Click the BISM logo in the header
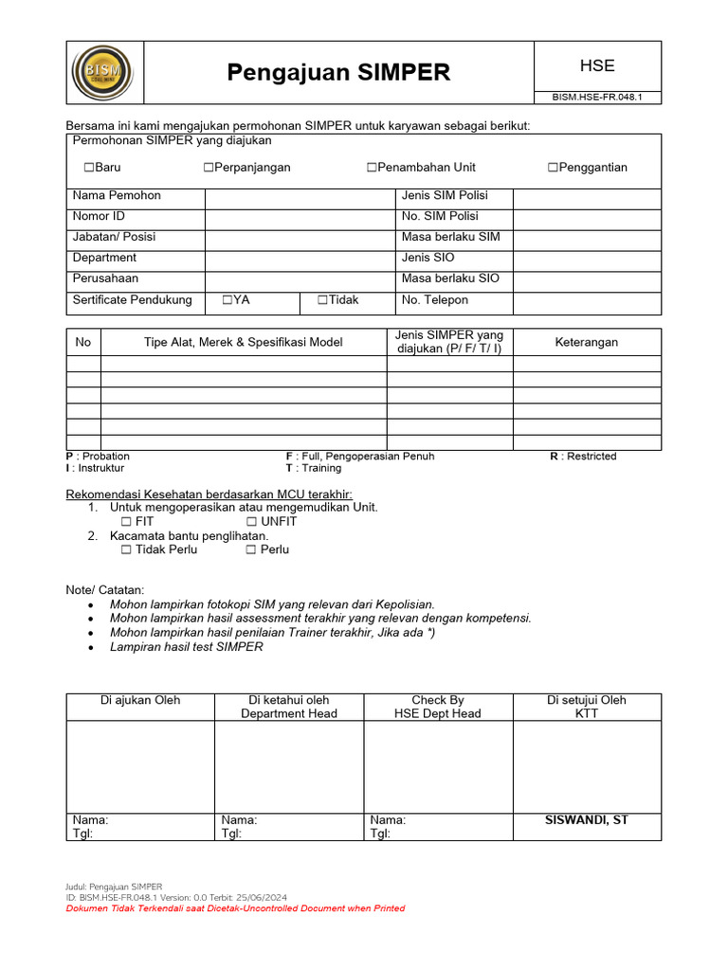pyautogui.click(x=102, y=72)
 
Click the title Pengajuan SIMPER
pyautogui.click(x=338, y=73)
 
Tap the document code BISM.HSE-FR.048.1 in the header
pyautogui.click(x=597, y=98)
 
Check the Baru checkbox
pyautogui.click(x=89, y=168)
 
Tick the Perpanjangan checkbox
pyautogui.click(x=209, y=168)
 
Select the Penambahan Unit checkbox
pyautogui.click(x=373, y=168)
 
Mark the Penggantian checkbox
pyautogui.click(x=553, y=168)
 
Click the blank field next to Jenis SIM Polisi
pyautogui.click(x=587, y=196)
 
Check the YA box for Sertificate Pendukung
pyautogui.click(x=227, y=300)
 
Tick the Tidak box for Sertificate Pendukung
pyautogui.click(x=322, y=300)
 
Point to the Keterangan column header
pyautogui.click(x=586, y=342)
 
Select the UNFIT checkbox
pyautogui.click(x=251, y=522)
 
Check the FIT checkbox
pyautogui.click(x=126, y=522)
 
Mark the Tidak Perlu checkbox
pyautogui.click(x=126, y=549)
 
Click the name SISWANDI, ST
pyautogui.click(x=586, y=820)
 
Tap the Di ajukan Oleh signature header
pyautogui.click(x=140, y=700)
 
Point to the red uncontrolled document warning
pyautogui.click(x=235, y=908)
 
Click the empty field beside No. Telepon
pyautogui.click(x=587, y=300)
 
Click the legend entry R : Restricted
pyautogui.click(x=583, y=457)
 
